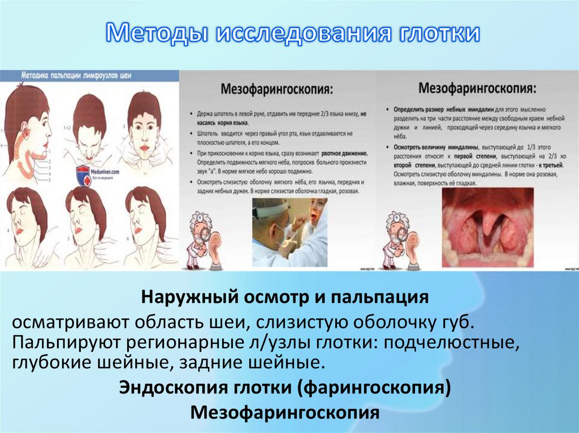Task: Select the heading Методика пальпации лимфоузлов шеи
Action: (x=76, y=75)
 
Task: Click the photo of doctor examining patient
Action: (x=289, y=232)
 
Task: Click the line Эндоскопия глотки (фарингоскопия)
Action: (x=285, y=388)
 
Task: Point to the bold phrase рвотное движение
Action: (x=339, y=153)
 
